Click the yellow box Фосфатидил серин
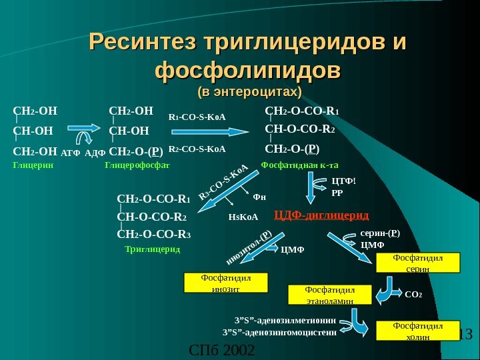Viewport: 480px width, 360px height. point(419,263)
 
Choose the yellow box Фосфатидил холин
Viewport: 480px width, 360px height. point(419,331)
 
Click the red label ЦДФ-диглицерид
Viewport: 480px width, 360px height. point(321,215)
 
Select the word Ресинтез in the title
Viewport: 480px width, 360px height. point(144,43)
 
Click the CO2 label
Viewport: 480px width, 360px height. point(414,293)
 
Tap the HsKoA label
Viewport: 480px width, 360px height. point(243,217)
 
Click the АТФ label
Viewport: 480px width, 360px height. point(70,153)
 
